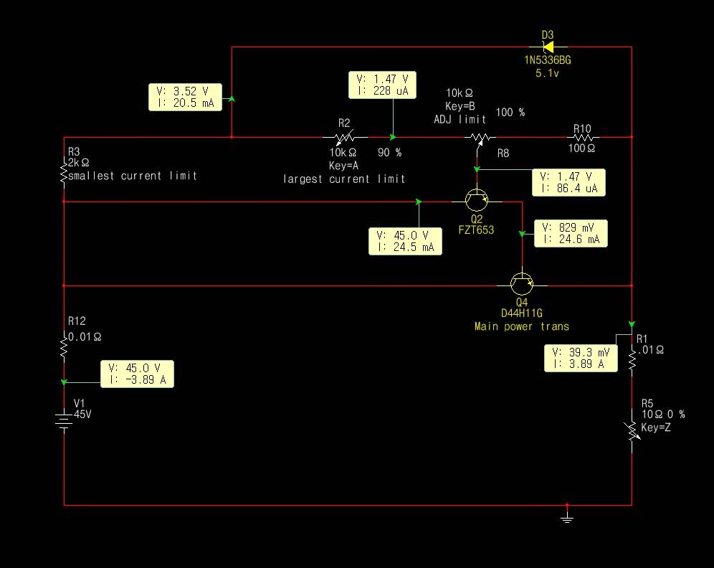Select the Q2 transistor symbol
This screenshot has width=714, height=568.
tap(476, 202)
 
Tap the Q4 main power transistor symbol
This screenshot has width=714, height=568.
tap(521, 285)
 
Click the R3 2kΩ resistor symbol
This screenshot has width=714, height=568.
tap(64, 174)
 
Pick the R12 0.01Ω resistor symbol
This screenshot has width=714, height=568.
tap(64, 349)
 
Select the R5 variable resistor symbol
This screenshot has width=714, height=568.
tap(632, 430)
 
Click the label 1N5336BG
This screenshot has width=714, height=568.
tap(547, 60)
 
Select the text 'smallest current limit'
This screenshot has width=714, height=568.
tap(132, 176)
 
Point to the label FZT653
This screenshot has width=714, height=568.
tap(477, 230)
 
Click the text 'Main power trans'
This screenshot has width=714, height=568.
tap(521, 326)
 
